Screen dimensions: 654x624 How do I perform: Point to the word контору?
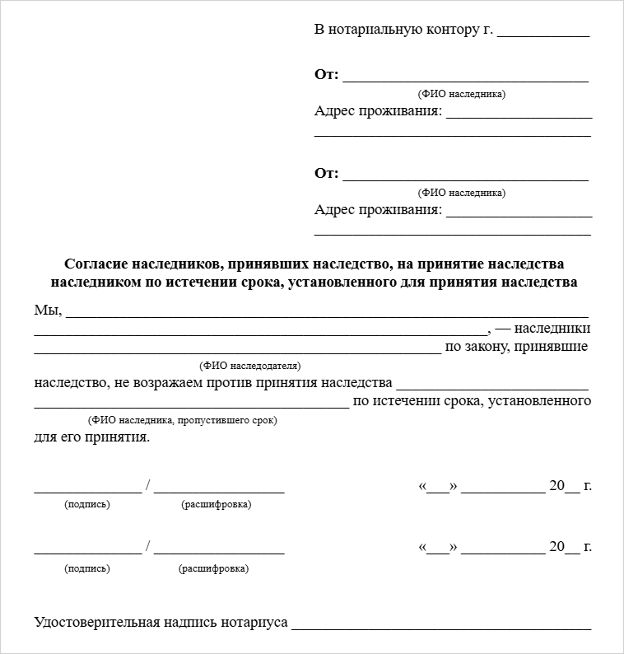[454, 30]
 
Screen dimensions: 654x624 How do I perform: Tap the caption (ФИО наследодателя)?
[250, 365]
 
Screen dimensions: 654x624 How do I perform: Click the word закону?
[482, 347]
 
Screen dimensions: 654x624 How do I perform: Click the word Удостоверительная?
[96, 623]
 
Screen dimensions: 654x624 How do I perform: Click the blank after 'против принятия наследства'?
[491, 388]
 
